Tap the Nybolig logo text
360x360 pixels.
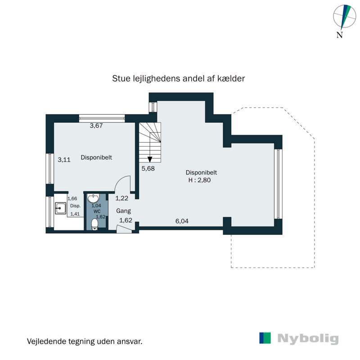pyautogui.click(x=308, y=338)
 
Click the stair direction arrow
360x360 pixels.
pyautogui.click(x=149, y=158)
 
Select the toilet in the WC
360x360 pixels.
pyautogui.click(x=94, y=224)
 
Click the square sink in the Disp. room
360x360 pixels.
pyautogui.click(x=60, y=207)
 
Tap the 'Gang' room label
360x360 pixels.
pyautogui.click(x=123, y=211)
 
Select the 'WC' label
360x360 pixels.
pyautogui.click(x=97, y=211)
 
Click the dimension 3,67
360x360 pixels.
pyautogui.click(x=97, y=126)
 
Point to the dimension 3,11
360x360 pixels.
pyautogui.click(x=64, y=159)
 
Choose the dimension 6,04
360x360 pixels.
pyautogui.click(x=182, y=221)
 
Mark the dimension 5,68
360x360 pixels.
pyautogui.click(x=148, y=169)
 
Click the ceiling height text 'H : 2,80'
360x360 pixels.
pyautogui.click(x=198, y=180)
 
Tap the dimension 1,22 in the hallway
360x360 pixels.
pyautogui.click(x=122, y=198)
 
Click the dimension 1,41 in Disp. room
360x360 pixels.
pyautogui.click(x=75, y=214)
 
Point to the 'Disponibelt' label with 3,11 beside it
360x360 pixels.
pyautogui.click(x=96, y=157)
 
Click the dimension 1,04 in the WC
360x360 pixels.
pyautogui.click(x=96, y=205)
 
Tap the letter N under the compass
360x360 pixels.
pyautogui.click(x=340, y=35)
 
